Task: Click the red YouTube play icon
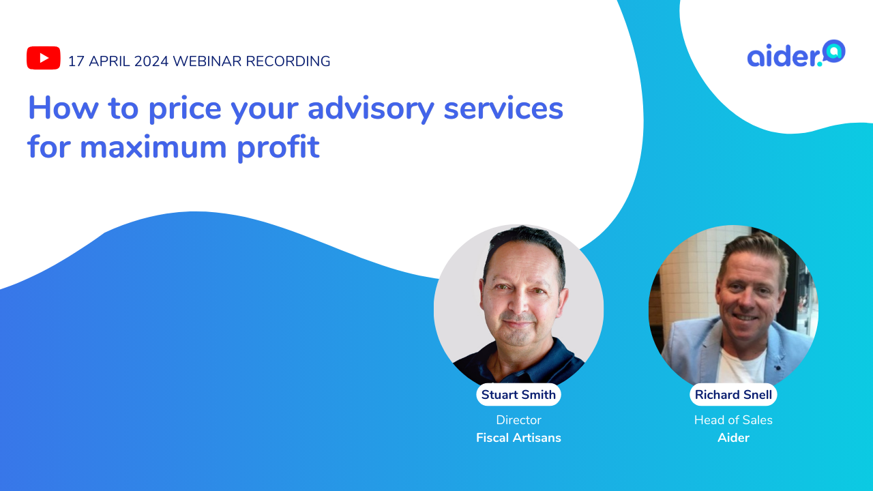click(x=44, y=58)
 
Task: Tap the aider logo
click(x=796, y=55)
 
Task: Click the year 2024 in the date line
click(x=151, y=61)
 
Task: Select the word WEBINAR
click(x=207, y=61)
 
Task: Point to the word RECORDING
click(x=288, y=61)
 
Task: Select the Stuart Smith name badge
click(x=518, y=395)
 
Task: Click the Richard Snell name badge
click(x=733, y=395)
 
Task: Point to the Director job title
click(x=518, y=420)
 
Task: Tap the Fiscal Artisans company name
click(x=518, y=438)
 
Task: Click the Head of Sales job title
click(x=733, y=420)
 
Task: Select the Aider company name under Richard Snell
click(x=733, y=438)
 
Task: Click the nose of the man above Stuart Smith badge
click(x=519, y=300)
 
